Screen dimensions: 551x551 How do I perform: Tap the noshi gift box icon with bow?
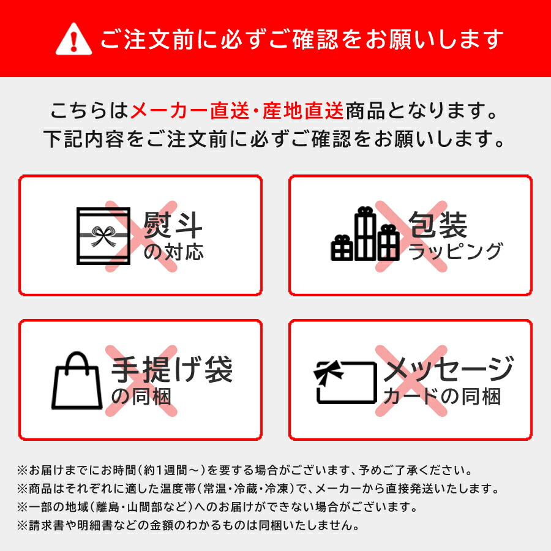click(103, 236)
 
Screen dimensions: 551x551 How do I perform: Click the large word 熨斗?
click(173, 225)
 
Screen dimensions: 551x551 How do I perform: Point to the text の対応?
click(173, 252)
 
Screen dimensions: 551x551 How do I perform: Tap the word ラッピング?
click(455, 252)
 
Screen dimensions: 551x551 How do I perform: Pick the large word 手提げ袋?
click(171, 369)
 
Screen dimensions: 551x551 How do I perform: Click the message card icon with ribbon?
click(346, 382)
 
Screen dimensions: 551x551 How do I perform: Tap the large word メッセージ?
click(448, 370)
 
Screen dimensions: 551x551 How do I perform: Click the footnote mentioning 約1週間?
click(245, 471)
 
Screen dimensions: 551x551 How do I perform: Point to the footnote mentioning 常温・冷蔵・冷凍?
click(257, 489)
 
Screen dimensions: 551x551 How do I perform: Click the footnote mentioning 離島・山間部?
click(217, 508)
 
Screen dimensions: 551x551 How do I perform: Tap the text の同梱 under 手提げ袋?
click(141, 397)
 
